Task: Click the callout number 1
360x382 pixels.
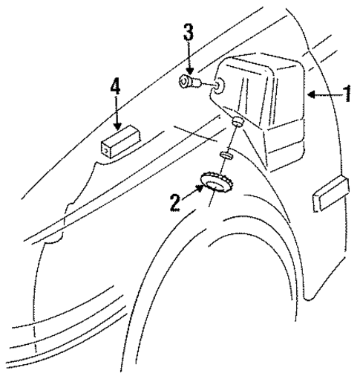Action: [346, 94]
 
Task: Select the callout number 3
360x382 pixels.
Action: [189, 33]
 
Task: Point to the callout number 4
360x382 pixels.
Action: [115, 87]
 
